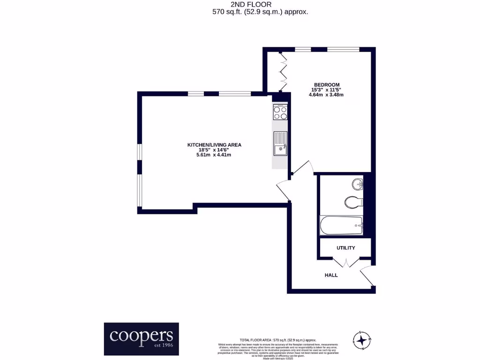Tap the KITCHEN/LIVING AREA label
click(x=214, y=145)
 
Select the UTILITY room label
click(x=345, y=248)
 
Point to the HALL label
click(x=331, y=275)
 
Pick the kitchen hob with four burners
click(x=280, y=112)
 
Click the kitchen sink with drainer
click(x=280, y=143)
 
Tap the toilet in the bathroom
click(x=354, y=202)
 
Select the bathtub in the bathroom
click(x=341, y=226)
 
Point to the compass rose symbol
click(x=361, y=340)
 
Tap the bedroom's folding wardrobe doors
click(x=283, y=72)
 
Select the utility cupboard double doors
click(x=345, y=262)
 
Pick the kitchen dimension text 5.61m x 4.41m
click(x=214, y=155)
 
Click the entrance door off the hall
click(x=368, y=276)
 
